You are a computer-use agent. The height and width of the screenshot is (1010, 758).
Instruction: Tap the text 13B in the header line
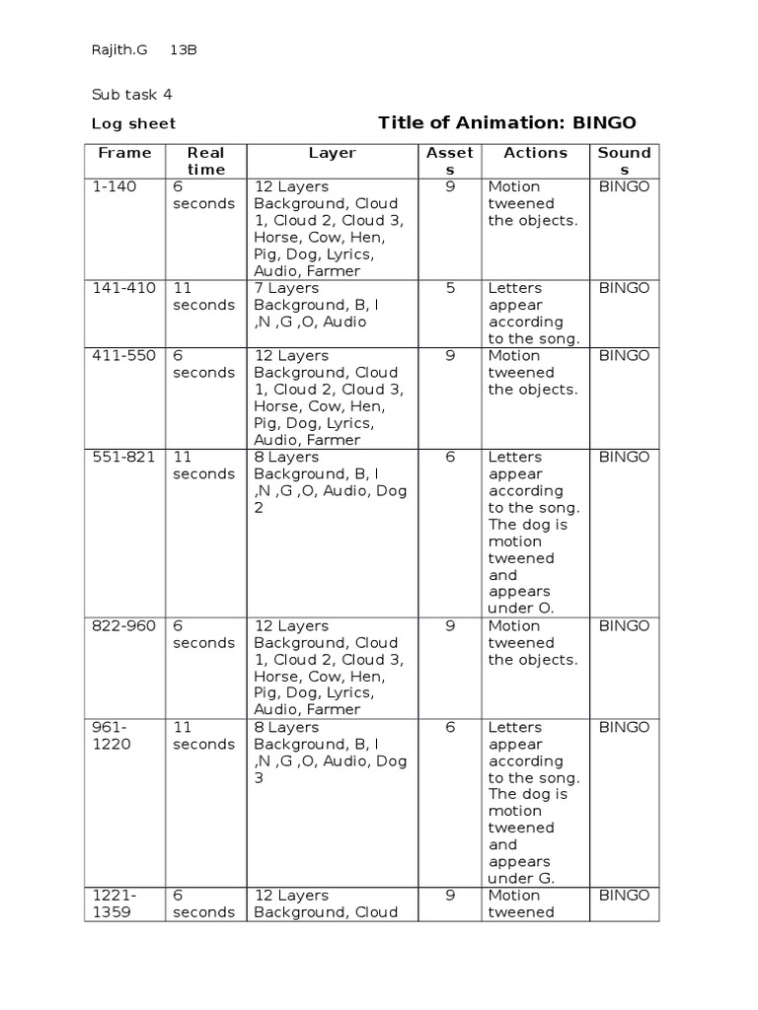184,50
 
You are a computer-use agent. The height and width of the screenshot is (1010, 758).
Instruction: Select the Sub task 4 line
132,95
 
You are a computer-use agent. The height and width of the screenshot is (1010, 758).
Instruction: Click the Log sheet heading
133,123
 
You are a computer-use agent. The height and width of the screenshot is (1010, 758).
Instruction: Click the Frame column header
124,153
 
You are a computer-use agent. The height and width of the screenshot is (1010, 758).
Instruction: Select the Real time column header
205,161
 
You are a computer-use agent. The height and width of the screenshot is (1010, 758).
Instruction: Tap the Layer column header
332,153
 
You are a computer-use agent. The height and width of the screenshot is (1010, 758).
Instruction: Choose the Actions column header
535,153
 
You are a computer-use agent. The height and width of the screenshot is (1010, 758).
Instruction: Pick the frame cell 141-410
123,288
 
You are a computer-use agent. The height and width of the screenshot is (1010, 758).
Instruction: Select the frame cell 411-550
123,355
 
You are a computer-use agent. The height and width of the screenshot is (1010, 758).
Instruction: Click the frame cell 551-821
123,457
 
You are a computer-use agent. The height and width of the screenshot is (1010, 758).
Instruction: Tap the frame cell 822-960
123,625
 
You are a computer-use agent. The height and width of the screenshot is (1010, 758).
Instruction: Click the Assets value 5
450,288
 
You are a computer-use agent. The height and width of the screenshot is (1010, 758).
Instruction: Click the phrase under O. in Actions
521,609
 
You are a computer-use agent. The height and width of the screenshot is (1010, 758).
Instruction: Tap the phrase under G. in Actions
521,878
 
